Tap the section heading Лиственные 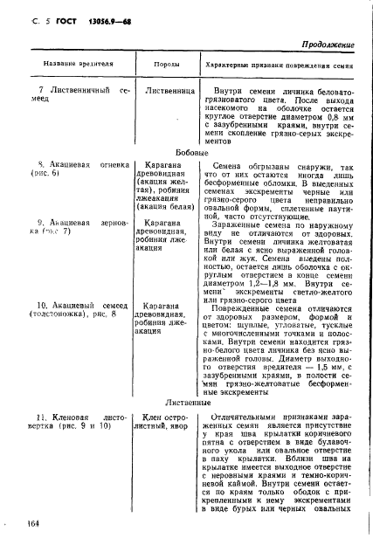pos(186,404)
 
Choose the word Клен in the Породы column pos(155,418)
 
